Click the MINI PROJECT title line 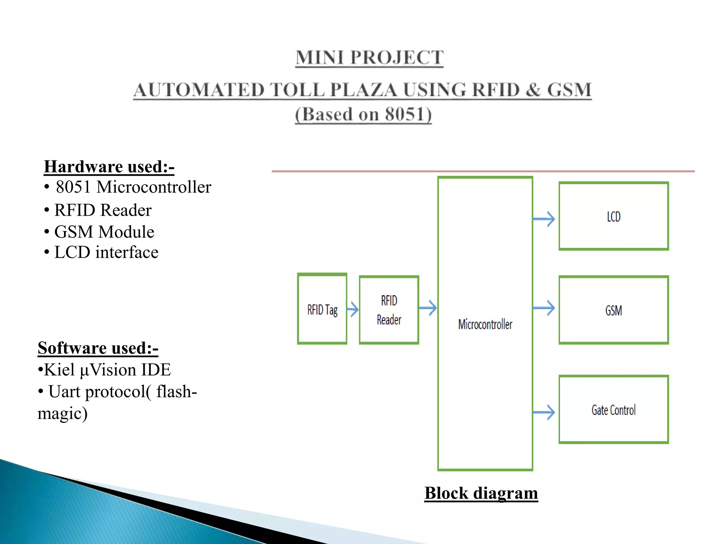tap(369, 58)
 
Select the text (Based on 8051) tap(363, 114)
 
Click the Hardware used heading tap(109, 166)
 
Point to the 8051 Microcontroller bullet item tap(133, 187)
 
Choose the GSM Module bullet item tap(104, 232)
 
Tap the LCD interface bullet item tap(106, 253)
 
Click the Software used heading tap(98, 348)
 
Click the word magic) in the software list tap(63, 413)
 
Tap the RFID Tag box tap(322, 309)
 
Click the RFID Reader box tap(389, 310)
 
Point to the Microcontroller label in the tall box tap(485, 324)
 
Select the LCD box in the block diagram tap(613, 216)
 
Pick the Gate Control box tap(613, 409)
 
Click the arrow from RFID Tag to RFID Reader tap(353, 309)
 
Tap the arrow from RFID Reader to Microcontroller tap(428, 308)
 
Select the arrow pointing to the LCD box tap(544, 219)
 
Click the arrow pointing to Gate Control tap(544, 412)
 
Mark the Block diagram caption tap(481, 493)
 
